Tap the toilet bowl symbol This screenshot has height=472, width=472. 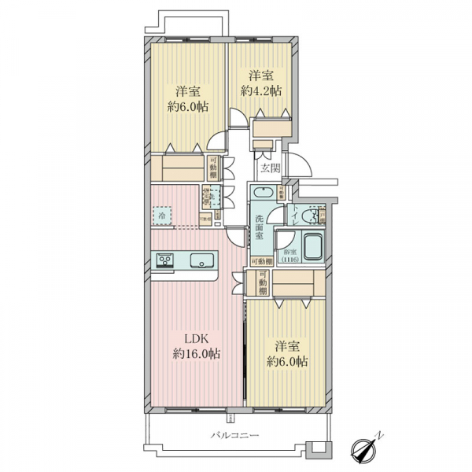315,215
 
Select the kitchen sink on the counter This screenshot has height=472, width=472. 197,260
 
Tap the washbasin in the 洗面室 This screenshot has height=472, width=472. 262,194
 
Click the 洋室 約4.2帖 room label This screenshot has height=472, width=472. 260,83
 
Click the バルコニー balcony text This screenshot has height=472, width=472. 234,435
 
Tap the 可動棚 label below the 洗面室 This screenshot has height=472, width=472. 261,261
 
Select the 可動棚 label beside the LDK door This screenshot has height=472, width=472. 262,283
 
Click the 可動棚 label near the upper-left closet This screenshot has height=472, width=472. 214,168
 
